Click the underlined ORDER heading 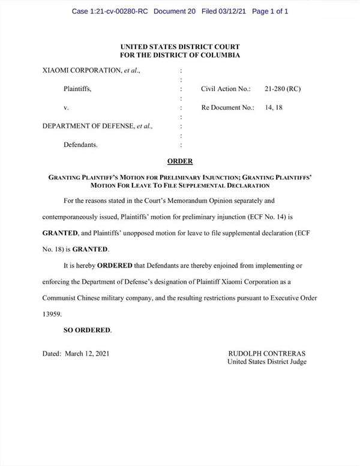[179, 161]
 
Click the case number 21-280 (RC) [282, 89]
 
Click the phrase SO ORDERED [87, 330]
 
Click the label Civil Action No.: [226, 89]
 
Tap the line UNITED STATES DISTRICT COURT [180, 46]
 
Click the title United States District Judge [267, 362]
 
